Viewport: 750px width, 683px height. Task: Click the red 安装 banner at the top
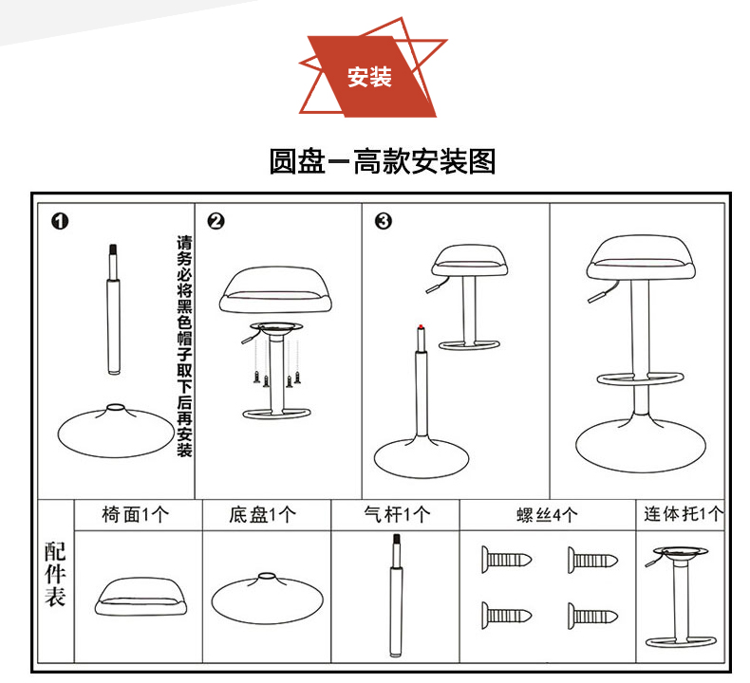pyautogui.click(x=370, y=77)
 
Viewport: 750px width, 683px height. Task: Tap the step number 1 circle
pyautogui.click(x=60, y=222)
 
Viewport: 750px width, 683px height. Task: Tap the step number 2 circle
pyautogui.click(x=216, y=222)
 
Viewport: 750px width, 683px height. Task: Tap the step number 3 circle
pyautogui.click(x=383, y=222)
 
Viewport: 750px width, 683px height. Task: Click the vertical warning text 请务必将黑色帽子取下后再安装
pyautogui.click(x=184, y=346)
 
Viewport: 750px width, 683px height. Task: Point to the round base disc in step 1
pyautogui.click(x=114, y=432)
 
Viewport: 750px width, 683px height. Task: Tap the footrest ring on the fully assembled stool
pyautogui.click(x=642, y=379)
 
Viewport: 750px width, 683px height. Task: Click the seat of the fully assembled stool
pyautogui.click(x=642, y=254)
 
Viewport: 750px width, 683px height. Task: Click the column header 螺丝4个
pyautogui.click(x=546, y=515)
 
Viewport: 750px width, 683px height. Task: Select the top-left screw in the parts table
pyautogui.click(x=507, y=558)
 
